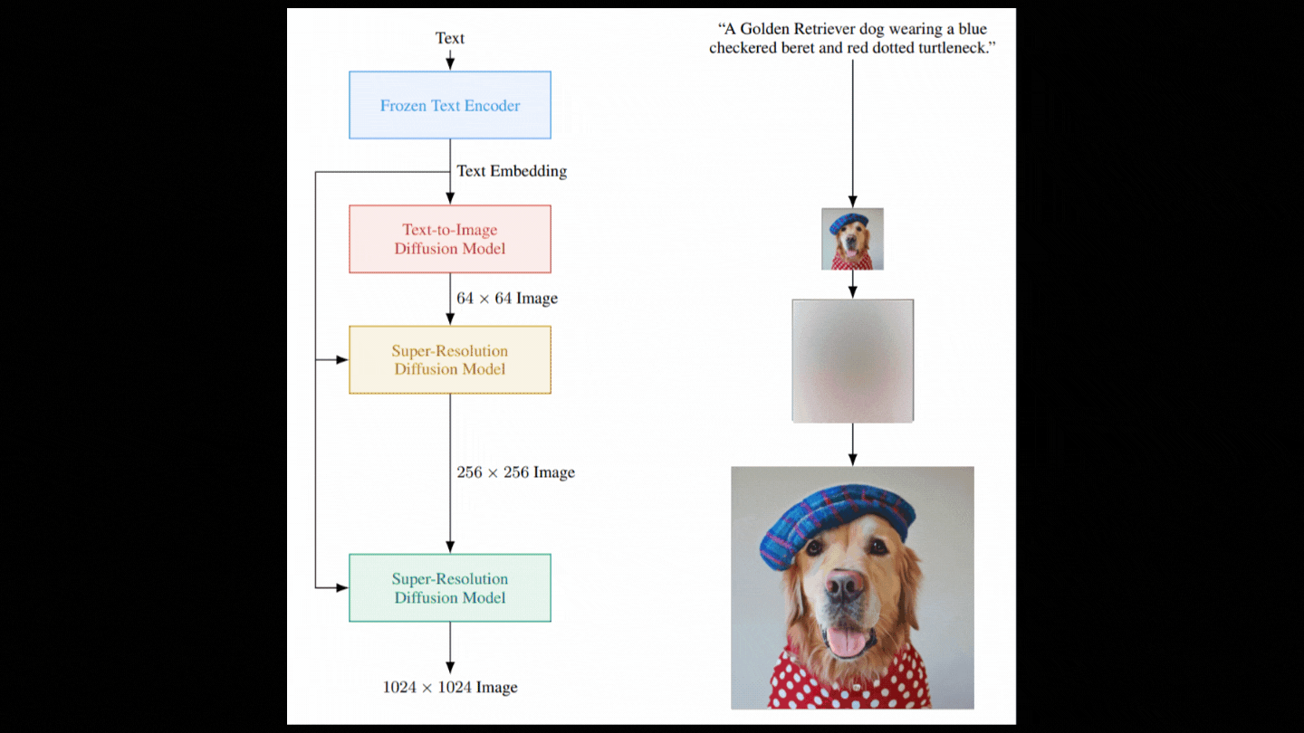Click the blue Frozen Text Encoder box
tap(450, 105)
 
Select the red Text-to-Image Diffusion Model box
tap(450, 239)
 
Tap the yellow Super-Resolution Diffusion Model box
tap(450, 359)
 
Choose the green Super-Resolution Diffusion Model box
tap(450, 587)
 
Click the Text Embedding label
tap(512, 171)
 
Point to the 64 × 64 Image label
tap(507, 298)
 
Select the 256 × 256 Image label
tap(516, 471)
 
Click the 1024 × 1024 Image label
tap(450, 687)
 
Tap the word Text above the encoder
tap(450, 38)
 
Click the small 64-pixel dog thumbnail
tap(852, 239)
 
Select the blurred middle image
tap(853, 361)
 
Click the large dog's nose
tap(845, 584)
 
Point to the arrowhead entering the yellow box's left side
tap(342, 359)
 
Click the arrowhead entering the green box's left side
tap(342, 587)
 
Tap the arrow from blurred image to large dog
tap(853, 444)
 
